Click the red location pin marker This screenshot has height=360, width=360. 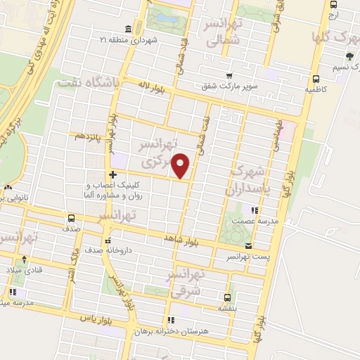181,165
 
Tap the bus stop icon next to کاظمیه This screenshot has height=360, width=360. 315,79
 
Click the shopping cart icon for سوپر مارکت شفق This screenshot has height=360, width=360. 229,76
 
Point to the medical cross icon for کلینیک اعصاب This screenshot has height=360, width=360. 112,174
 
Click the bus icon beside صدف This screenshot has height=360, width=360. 70,218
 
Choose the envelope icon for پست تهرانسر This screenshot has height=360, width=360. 250,246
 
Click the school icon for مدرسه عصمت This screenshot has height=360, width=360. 255,210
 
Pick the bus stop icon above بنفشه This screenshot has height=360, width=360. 226,297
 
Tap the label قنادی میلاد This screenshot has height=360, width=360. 25,270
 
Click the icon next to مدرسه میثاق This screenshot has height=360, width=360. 13,292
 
